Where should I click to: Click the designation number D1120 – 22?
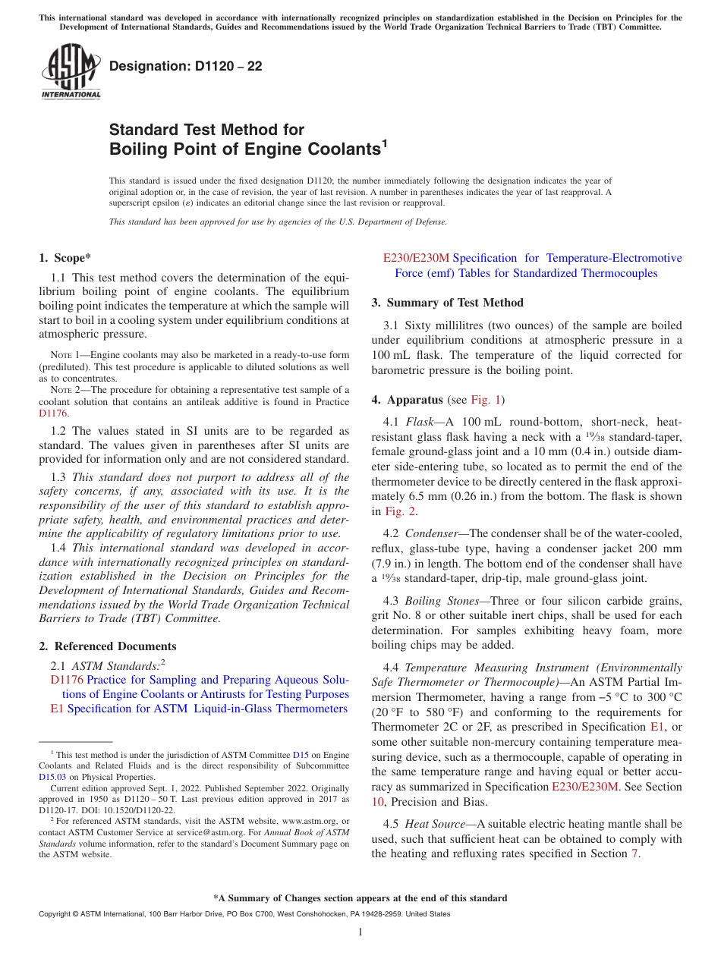click(x=186, y=67)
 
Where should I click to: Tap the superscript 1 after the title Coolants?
click(x=384, y=143)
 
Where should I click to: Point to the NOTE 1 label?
click(x=61, y=355)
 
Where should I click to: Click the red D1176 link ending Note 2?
click(x=53, y=414)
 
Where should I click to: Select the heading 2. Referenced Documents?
click(x=108, y=646)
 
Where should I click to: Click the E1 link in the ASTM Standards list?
click(x=57, y=709)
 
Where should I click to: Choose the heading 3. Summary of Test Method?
click(x=447, y=303)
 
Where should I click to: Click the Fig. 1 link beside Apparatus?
click(x=486, y=400)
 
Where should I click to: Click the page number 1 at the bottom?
click(x=360, y=932)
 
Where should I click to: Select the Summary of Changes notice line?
click(x=360, y=898)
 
